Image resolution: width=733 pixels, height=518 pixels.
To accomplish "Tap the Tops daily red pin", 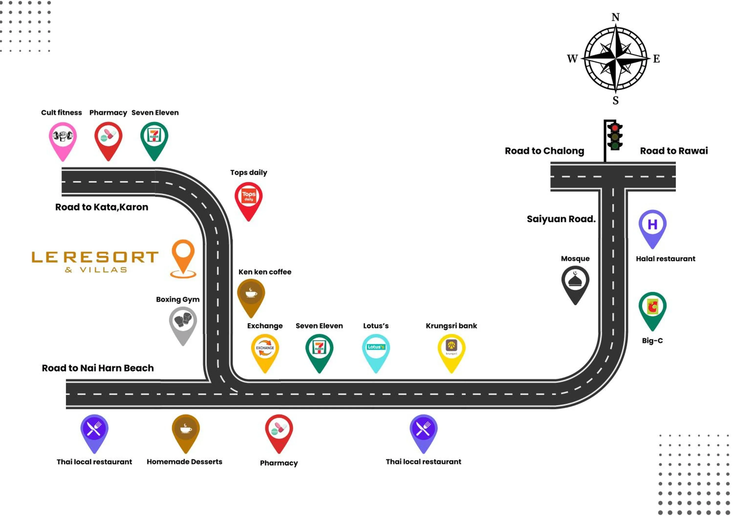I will [x=248, y=197].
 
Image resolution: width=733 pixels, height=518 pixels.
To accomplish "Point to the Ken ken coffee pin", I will [x=251, y=294].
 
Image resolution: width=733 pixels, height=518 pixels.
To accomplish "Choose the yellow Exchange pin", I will [x=265, y=350].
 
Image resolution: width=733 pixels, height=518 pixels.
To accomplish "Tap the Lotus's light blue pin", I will [x=376, y=350].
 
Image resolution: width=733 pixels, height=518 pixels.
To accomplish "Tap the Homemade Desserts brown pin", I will [x=185, y=430].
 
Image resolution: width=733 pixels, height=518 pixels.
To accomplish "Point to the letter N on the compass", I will [x=615, y=17].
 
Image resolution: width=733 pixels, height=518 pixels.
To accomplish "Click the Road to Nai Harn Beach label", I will [x=98, y=368].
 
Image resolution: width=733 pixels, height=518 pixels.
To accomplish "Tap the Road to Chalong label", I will [x=544, y=151].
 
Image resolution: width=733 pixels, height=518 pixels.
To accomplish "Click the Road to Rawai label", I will [x=674, y=151].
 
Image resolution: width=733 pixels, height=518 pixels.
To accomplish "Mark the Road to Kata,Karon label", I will [x=102, y=207].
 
